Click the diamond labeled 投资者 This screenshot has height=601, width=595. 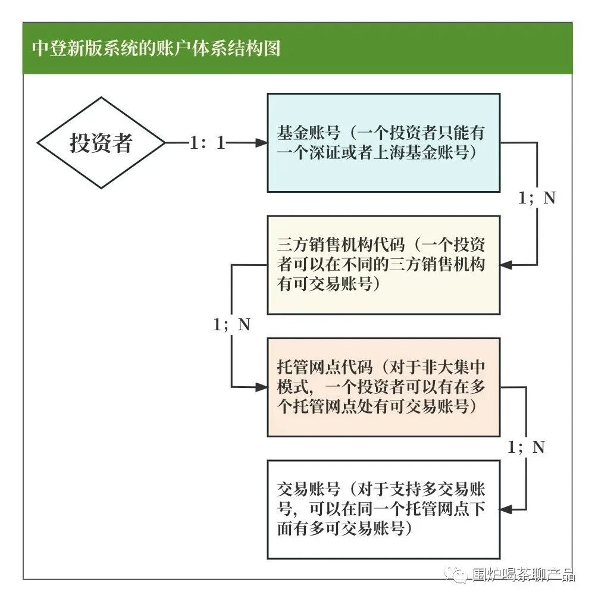[x=101, y=143]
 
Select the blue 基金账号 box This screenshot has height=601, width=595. [x=383, y=143]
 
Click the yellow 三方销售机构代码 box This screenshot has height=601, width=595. [x=383, y=265]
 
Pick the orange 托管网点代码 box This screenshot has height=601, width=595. [x=383, y=387]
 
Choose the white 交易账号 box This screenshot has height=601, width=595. [x=383, y=509]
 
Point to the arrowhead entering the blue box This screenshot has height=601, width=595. [x=261, y=143]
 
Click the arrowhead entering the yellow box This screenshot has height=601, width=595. [x=506, y=265]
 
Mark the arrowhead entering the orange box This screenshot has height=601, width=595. [x=261, y=387]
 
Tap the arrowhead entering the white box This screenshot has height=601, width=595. [x=506, y=509]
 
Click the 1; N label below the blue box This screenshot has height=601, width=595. [x=537, y=198]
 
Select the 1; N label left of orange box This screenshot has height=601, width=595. [x=231, y=325]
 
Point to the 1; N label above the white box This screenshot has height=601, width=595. [x=526, y=447]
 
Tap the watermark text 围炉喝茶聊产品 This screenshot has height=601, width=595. [x=523, y=575]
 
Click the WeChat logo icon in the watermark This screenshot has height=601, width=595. [x=459, y=574]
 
